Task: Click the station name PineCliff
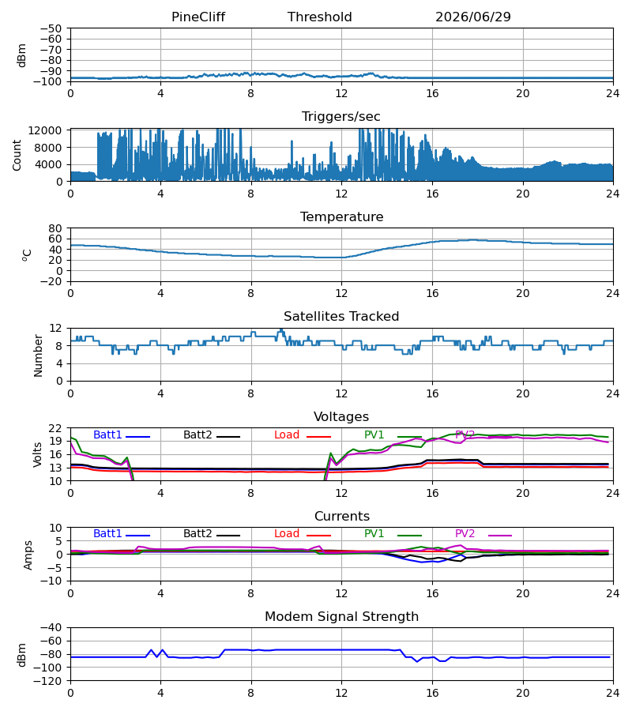[x=198, y=17]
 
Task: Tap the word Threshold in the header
[x=320, y=17]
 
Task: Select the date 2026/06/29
[x=473, y=17]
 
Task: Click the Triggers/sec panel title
[x=341, y=117]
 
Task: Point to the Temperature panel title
[x=341, y=216]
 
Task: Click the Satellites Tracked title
[x=341, y=317]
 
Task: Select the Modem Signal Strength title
[x=341, y=617]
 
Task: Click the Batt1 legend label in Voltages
[x=107, y=434]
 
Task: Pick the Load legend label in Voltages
[x=287, y=434]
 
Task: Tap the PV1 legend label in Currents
[x=374, y=534]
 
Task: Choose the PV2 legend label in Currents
[x=465, y=534]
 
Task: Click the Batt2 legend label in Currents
[x=197, y=534]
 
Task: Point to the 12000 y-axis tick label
[x=45, y=130]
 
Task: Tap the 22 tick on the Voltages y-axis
[x=55, y=428]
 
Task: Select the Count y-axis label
[x=17, y=155]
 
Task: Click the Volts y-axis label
[x=38, y=455]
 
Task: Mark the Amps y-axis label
[x=28, y=555]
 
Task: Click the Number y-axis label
[x=38, y=355]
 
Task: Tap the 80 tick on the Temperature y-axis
[x=55, y=228]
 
